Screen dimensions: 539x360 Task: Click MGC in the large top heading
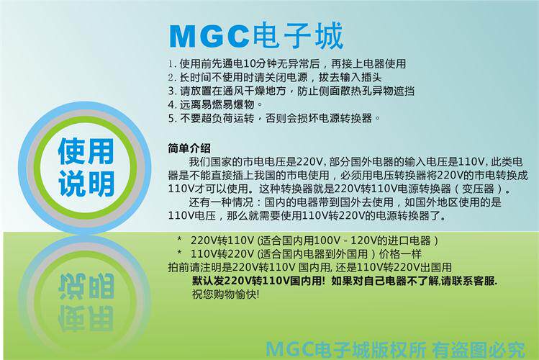(x=209, y=36)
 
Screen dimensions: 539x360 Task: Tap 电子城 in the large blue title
(x=298, y=35)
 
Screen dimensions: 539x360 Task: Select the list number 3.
(x=172, y=91)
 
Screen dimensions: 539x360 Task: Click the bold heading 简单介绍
(x=189, y=148)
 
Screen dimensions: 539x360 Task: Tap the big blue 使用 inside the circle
(x=86, y=151)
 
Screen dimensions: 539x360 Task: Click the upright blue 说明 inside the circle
(x=86, y=184)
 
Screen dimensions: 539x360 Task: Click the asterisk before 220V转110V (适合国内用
(x=179, y=239)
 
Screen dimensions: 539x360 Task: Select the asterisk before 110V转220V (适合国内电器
(x=179, y=253)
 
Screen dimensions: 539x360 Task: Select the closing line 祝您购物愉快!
(x=225, y=294)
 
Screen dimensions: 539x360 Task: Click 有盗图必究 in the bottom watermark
(x=479, y=350)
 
